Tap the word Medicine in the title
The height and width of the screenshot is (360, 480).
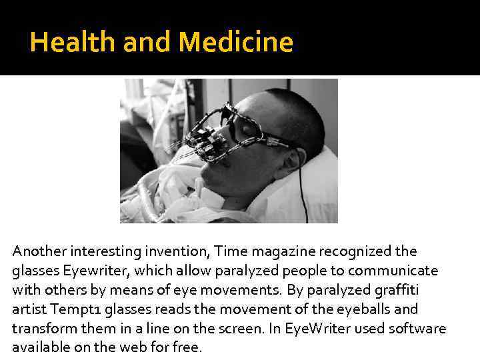(x=236, y=43)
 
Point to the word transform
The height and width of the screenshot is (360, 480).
(x=39, y=329)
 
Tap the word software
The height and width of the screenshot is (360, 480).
(x=420, y=329)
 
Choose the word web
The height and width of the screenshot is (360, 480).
(x=139, y=348)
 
